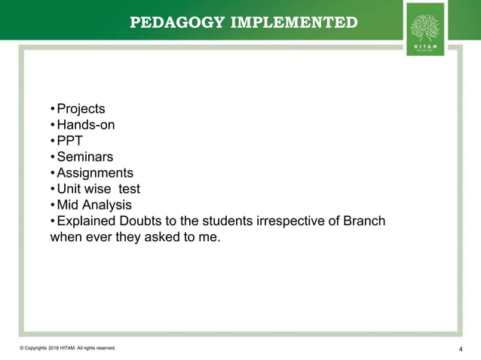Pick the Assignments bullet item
click(95, 173)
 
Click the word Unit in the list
click(69, 189)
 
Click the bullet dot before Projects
click(52, 109)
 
